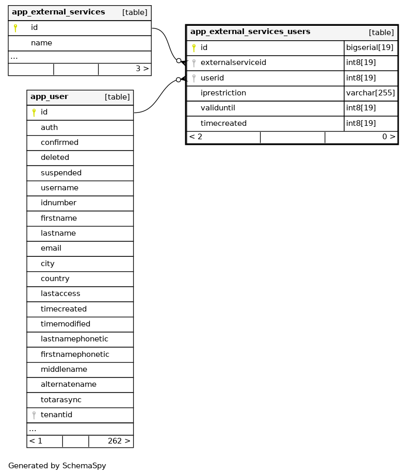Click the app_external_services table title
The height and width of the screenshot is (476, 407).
click(58, 12)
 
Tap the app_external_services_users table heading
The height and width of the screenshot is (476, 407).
click(250, 32)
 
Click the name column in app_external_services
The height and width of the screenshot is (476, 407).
click(41, 43)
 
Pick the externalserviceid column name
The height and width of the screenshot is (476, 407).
click(233, 63)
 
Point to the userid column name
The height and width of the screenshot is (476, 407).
click(212, 78)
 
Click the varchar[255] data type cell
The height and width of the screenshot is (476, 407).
click(370, 93)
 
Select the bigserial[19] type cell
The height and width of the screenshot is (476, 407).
click(370, 48)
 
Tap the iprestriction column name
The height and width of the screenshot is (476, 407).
click(223, 93)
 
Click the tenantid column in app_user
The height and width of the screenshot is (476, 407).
click(56, 415)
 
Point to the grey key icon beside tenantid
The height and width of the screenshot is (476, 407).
click(34, 415)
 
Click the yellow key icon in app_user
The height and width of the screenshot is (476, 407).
click(34, 112)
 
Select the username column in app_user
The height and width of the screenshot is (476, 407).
click(59, 188)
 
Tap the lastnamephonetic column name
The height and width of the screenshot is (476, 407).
click(74, 339)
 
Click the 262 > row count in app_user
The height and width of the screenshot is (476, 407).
click(119, 441)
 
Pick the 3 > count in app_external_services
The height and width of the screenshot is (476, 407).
click(142, 69)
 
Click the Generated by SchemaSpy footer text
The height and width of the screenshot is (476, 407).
click(57, 466)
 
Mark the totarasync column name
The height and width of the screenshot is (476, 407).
click(61, 400)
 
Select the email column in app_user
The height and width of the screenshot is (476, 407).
click(51, 249)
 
